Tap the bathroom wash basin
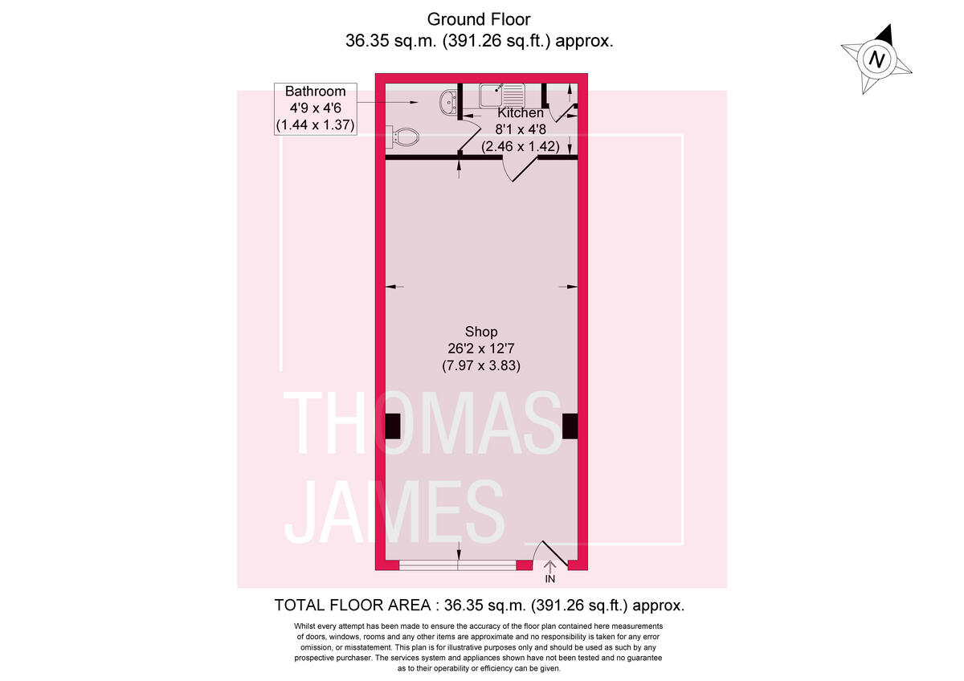tap(449, 101)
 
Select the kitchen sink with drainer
tap(502, 96)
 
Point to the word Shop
tap(481, 332)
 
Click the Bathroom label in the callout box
tap(315, 92)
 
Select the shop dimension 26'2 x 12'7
tap(481, 349)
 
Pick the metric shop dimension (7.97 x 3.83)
tap(481, 365)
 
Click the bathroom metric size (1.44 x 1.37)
tap(315, 125)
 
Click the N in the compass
tap(878, 59)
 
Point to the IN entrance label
tap(550, 579)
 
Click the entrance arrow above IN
tap(550, 566)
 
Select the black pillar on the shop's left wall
tap(392, 426)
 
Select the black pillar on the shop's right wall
tap(570, 426)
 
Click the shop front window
tap(458, 565)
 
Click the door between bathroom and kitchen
tap(464, 138)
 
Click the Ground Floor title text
tap(479, 18)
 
